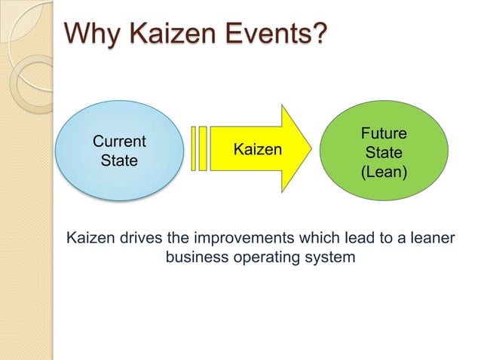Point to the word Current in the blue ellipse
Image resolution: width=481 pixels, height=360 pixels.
click(119, 142)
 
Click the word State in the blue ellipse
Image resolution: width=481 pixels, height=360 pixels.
click(119, 160)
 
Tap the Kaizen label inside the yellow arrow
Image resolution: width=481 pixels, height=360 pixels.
click(257, 150)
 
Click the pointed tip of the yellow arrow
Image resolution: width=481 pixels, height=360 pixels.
click(308, 150)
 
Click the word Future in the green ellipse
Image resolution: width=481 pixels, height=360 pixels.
click(384, 134)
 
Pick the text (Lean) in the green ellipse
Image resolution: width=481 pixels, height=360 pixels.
click(384, 172)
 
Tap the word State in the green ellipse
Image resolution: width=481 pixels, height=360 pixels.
click(384, 153)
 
